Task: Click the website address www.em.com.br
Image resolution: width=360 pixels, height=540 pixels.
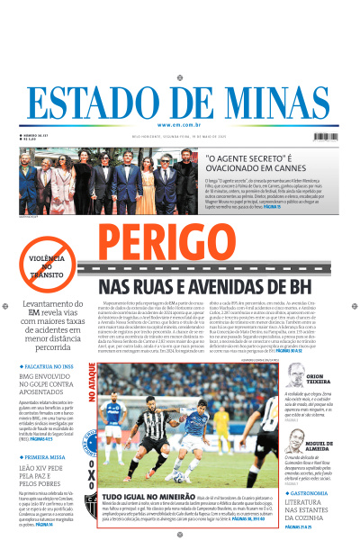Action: (179, 124)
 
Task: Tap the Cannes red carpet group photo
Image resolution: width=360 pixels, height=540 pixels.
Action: (109, 178)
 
